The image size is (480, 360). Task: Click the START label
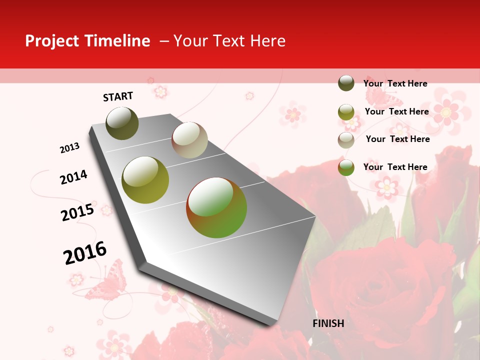pos(118,96)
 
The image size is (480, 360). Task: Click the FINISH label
pos(328,323)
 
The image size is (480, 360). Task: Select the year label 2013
pos(69,148)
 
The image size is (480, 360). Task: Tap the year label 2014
pos(73,177)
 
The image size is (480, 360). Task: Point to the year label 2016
pos(85,252)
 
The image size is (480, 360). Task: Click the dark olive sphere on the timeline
pos(122,123)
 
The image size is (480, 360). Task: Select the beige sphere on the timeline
pos(189,140)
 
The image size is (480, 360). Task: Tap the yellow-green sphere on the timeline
pos(145,180)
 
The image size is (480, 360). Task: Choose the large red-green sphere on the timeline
pos(216,207)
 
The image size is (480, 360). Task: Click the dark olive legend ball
pos(346,83)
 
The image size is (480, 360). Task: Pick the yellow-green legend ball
pos(346,112)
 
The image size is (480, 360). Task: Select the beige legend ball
pos(346,139)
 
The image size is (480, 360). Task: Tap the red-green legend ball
pos(346,167)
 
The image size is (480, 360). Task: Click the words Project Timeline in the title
pos(87,41)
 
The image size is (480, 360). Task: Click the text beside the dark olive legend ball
pos(395,83)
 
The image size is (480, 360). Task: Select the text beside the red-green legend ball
pos(395,167)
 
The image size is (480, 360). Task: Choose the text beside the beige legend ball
pos(397,139)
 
